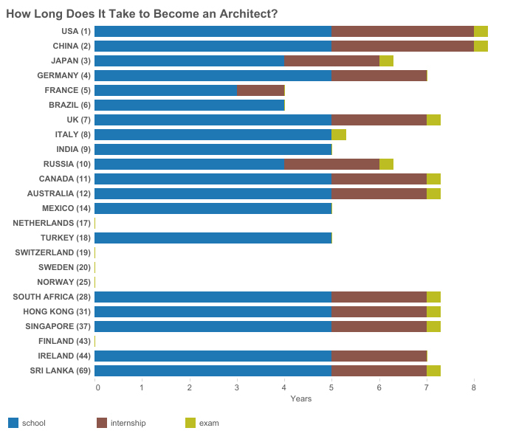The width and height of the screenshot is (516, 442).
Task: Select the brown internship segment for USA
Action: pyautogui.click(x=402, y=31)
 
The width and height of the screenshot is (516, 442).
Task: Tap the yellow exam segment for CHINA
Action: pyautogui.click(x=481, y=46)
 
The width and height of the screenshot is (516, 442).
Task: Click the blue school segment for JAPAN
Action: pyautogui.click(x=190, y=61)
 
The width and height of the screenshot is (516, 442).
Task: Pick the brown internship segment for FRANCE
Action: pyautogui.click(x=261, y=90)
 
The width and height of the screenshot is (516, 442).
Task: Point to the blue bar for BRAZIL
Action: pyautogui.click(x=190, y=105)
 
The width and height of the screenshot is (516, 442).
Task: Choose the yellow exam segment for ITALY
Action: pyautogui.click(x=339, y=134)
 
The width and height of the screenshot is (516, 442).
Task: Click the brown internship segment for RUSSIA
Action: pyautogui.click(x=331, y=164)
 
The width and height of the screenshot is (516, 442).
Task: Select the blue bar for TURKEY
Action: pyautogui.click(x=213, y=238)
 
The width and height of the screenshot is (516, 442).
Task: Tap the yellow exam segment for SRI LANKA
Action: pyautogui.click(x=433, y=370)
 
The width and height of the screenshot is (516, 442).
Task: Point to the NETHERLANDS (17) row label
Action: pyautogui.click(x=52, y=223)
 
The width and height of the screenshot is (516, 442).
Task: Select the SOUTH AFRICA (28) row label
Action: pyautogui.click(x=52, y=297)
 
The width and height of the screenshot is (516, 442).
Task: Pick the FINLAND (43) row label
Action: pyautogui.click(x=64, y=341)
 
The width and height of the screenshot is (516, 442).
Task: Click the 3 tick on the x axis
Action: pyautogui.click(x=237, y=387)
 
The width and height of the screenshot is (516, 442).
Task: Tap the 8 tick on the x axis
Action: pyautogui.click(x=474, y=387)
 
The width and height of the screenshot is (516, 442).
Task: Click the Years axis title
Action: pyautogui.click(x=300, y=399)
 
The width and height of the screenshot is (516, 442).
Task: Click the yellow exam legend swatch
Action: pyautogui.click(x=190, y=423)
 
